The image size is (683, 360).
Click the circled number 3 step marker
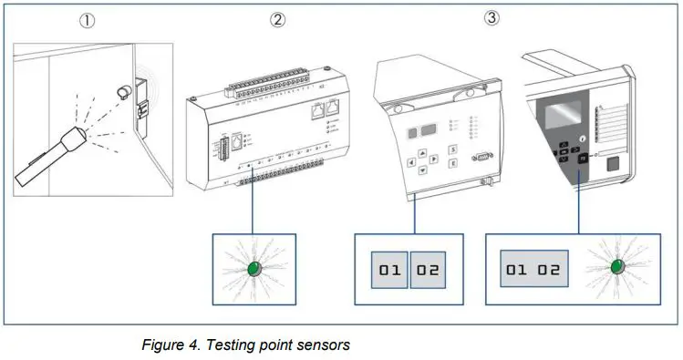point(491,17)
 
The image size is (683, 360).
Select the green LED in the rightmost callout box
point(616,265)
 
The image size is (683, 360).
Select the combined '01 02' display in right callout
point(534,270)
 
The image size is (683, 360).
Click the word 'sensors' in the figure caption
point(321,345)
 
